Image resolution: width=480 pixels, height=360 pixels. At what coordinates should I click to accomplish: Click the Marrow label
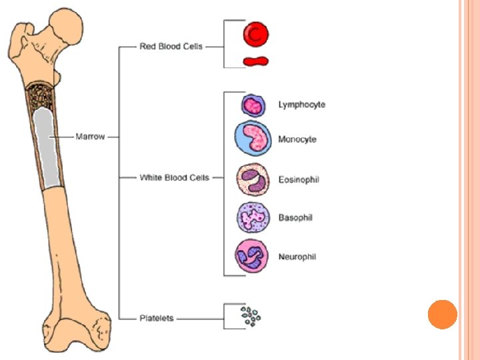tap(90, 136)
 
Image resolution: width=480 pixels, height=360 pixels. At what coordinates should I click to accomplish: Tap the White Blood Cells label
tap(174, 177)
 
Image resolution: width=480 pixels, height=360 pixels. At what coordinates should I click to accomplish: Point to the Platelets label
tap(157, 318)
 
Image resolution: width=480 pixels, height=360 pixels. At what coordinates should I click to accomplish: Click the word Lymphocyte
tap(301, 105)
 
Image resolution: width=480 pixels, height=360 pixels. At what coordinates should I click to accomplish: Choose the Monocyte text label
tap(297, 139)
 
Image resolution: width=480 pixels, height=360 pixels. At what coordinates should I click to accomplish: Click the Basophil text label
tap(296, 217)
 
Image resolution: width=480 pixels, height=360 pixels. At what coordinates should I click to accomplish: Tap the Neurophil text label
tap(297, 257)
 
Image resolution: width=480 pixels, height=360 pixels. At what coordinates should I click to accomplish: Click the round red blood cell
tap(255, 33)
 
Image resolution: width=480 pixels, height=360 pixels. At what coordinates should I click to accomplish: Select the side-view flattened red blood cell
tap(255, 61)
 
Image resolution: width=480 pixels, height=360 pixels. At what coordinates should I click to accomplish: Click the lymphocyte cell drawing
tap(253, 105)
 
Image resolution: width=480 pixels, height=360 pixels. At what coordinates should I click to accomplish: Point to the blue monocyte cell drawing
tap(253, 138)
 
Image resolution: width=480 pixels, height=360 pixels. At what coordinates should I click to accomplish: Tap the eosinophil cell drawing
tap(253, 179)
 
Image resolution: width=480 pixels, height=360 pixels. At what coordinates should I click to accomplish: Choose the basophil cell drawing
tap(253, 217)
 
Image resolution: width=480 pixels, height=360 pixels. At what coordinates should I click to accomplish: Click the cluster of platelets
tap(251, 317)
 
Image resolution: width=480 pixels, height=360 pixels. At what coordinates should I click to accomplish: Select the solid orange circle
tap(442, 314)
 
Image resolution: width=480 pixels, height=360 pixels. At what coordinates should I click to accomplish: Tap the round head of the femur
tap(67, 27)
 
